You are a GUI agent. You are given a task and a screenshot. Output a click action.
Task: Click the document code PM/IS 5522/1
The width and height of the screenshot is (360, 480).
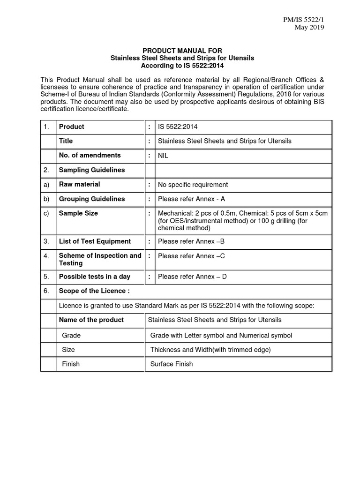[304, 19]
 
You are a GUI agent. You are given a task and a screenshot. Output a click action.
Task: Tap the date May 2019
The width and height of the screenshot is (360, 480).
[309, 27]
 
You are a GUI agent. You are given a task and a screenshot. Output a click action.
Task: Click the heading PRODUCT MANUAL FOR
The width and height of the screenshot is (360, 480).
[182, 50]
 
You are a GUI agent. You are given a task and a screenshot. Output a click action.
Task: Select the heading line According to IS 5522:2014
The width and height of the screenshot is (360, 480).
[182, 66]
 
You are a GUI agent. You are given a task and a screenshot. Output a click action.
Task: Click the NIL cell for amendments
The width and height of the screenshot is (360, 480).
[163, 156]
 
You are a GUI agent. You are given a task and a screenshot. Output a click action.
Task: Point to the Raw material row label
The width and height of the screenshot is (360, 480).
[79, 184]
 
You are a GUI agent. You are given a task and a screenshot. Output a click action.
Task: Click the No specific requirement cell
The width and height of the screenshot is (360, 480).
[193, 185]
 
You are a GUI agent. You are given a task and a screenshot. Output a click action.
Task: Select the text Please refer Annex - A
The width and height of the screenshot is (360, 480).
[192, 199]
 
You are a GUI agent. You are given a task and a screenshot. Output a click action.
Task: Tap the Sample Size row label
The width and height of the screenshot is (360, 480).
[78, 213]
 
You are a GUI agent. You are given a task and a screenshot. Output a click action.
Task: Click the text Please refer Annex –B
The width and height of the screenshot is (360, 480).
[191, 241]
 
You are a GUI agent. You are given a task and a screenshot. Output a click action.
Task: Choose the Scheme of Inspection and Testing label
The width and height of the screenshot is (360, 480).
[100, 259]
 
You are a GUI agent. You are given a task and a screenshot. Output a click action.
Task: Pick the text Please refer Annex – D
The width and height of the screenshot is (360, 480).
[192, 277]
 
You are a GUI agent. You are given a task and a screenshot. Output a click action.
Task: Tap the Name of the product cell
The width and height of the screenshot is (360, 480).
[91, 320]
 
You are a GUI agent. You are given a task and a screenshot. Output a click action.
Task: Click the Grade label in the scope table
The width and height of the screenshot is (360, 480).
[71, 335]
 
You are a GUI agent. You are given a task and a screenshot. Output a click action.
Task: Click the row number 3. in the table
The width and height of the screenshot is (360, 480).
[46, 241]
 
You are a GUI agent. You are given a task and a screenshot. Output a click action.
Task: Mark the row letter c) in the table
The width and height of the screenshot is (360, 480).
[46, 213]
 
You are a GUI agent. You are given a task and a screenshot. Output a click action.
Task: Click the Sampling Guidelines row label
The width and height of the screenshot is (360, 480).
[92, 170]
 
